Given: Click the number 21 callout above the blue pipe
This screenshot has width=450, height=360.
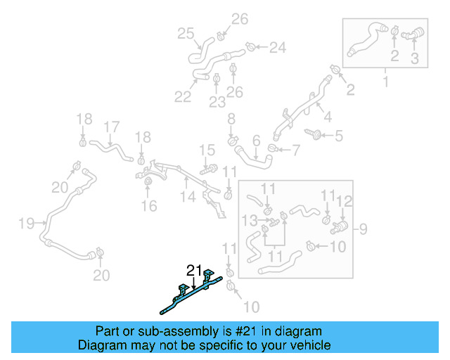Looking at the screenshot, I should (194, 270).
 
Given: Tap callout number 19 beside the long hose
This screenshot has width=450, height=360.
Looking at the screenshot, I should (26, 224).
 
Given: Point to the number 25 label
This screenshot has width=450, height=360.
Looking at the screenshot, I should (185, 33).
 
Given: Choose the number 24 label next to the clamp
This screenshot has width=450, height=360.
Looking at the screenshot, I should (278, 48).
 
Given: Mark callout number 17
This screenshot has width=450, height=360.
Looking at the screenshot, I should (112, 127).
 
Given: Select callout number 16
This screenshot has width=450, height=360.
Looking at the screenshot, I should (148, 206).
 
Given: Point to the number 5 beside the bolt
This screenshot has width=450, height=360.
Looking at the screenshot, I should (339, 136).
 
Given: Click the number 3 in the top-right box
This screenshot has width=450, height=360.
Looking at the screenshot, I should (414, 60).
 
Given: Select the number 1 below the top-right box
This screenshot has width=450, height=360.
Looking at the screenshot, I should (384, 84).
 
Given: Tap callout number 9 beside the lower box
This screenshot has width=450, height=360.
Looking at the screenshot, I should (363, 229).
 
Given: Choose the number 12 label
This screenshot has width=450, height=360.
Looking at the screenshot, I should (344, 202).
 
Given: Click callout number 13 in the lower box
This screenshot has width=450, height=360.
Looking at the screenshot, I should (249, 221).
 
